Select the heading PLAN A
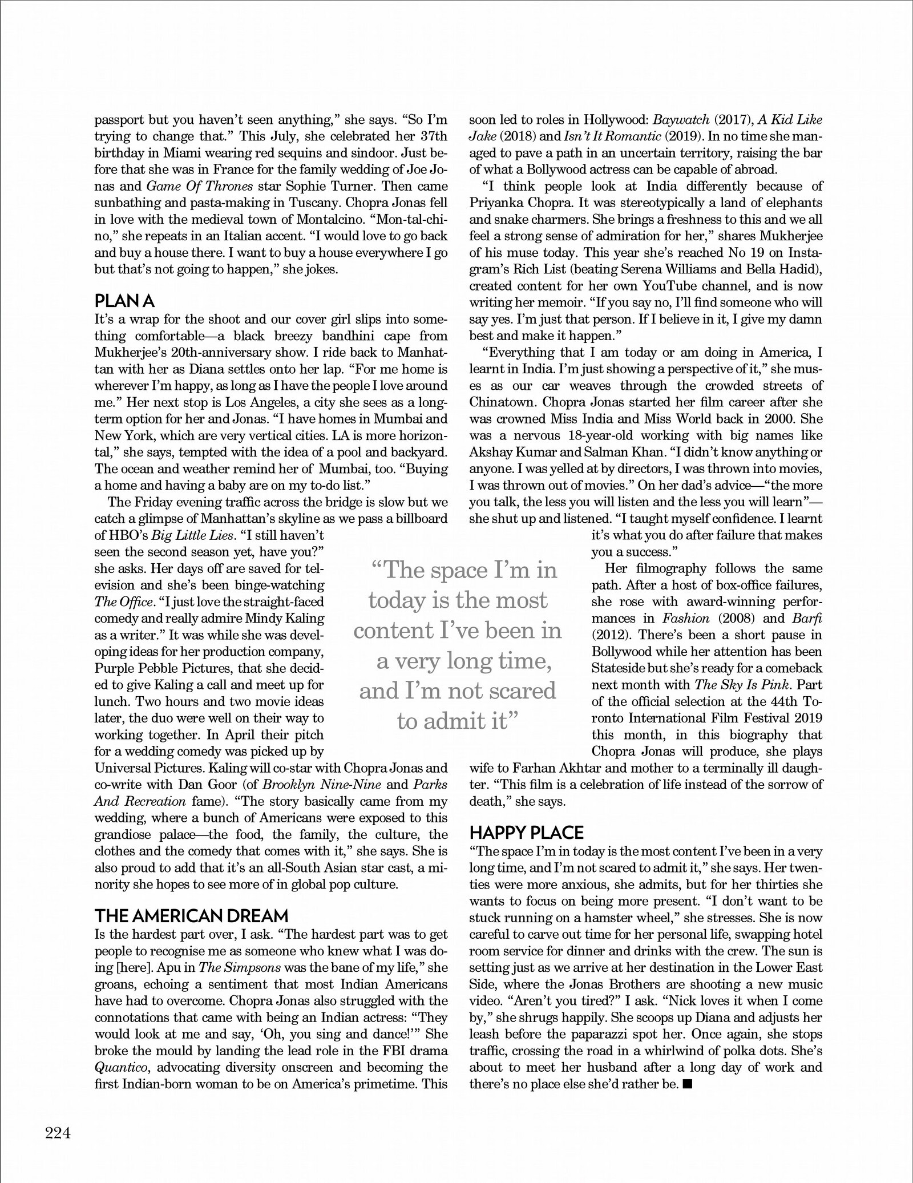[x=124, y=300]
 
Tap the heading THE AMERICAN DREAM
[x=192, y=916]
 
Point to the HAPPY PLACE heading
[x=526, y=833]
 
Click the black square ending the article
[x=687, y=1083]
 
